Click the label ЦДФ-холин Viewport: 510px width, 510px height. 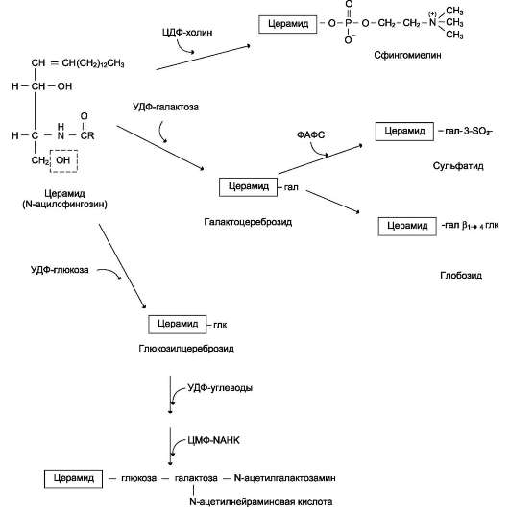pyautogui.click(x=187, y=33)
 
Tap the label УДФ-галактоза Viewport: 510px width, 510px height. pyautogui.click(x=165, y=107)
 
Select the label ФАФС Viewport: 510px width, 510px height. pyautogui.click(x=310, y=134)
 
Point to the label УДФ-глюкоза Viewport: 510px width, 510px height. pyautogui.click(x=60, y=270)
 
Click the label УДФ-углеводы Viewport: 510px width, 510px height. pyautogui.click(x=220, y=388)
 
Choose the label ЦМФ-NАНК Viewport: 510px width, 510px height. pyautogui.click(x=213, y=440)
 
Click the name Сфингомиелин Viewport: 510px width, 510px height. pyautogui.click(x=407, y=55)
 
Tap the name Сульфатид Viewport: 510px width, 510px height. pyautogui.click(x=458, y=166)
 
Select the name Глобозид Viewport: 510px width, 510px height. pyautogui.click(x=461, y=276)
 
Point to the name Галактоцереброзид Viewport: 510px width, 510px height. pyautogui.click(x=248, y=222)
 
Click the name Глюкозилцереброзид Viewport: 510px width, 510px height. pyautogui.click(x=186, y=349)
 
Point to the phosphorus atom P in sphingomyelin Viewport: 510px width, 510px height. pyautogui.click(x=349, y=23)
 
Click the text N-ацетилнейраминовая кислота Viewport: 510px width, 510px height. pyautogui.click(x=261, y=501)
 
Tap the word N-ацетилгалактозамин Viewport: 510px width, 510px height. pyautogui.click(x=285, y=478)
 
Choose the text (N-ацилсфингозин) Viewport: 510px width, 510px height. pyautogui.click(x=64, y=205)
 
